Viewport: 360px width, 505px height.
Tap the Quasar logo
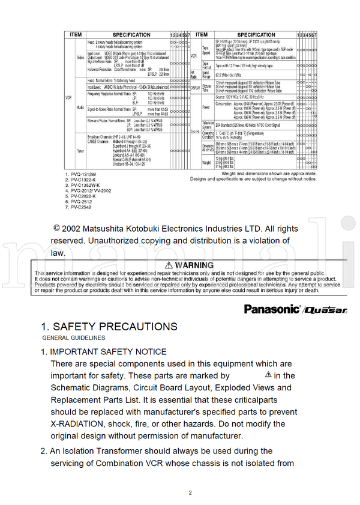pos(325,310)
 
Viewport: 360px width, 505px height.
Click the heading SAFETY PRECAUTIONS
pos(109,327)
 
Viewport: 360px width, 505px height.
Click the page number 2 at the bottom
pos(190,493)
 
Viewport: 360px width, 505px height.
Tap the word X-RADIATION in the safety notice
pos(79,424)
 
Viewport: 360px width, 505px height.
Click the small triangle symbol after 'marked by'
pos(268,375)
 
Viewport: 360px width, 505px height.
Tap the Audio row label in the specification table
pos(80,107)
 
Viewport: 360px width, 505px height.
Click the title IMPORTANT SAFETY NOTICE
pos(108,351)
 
